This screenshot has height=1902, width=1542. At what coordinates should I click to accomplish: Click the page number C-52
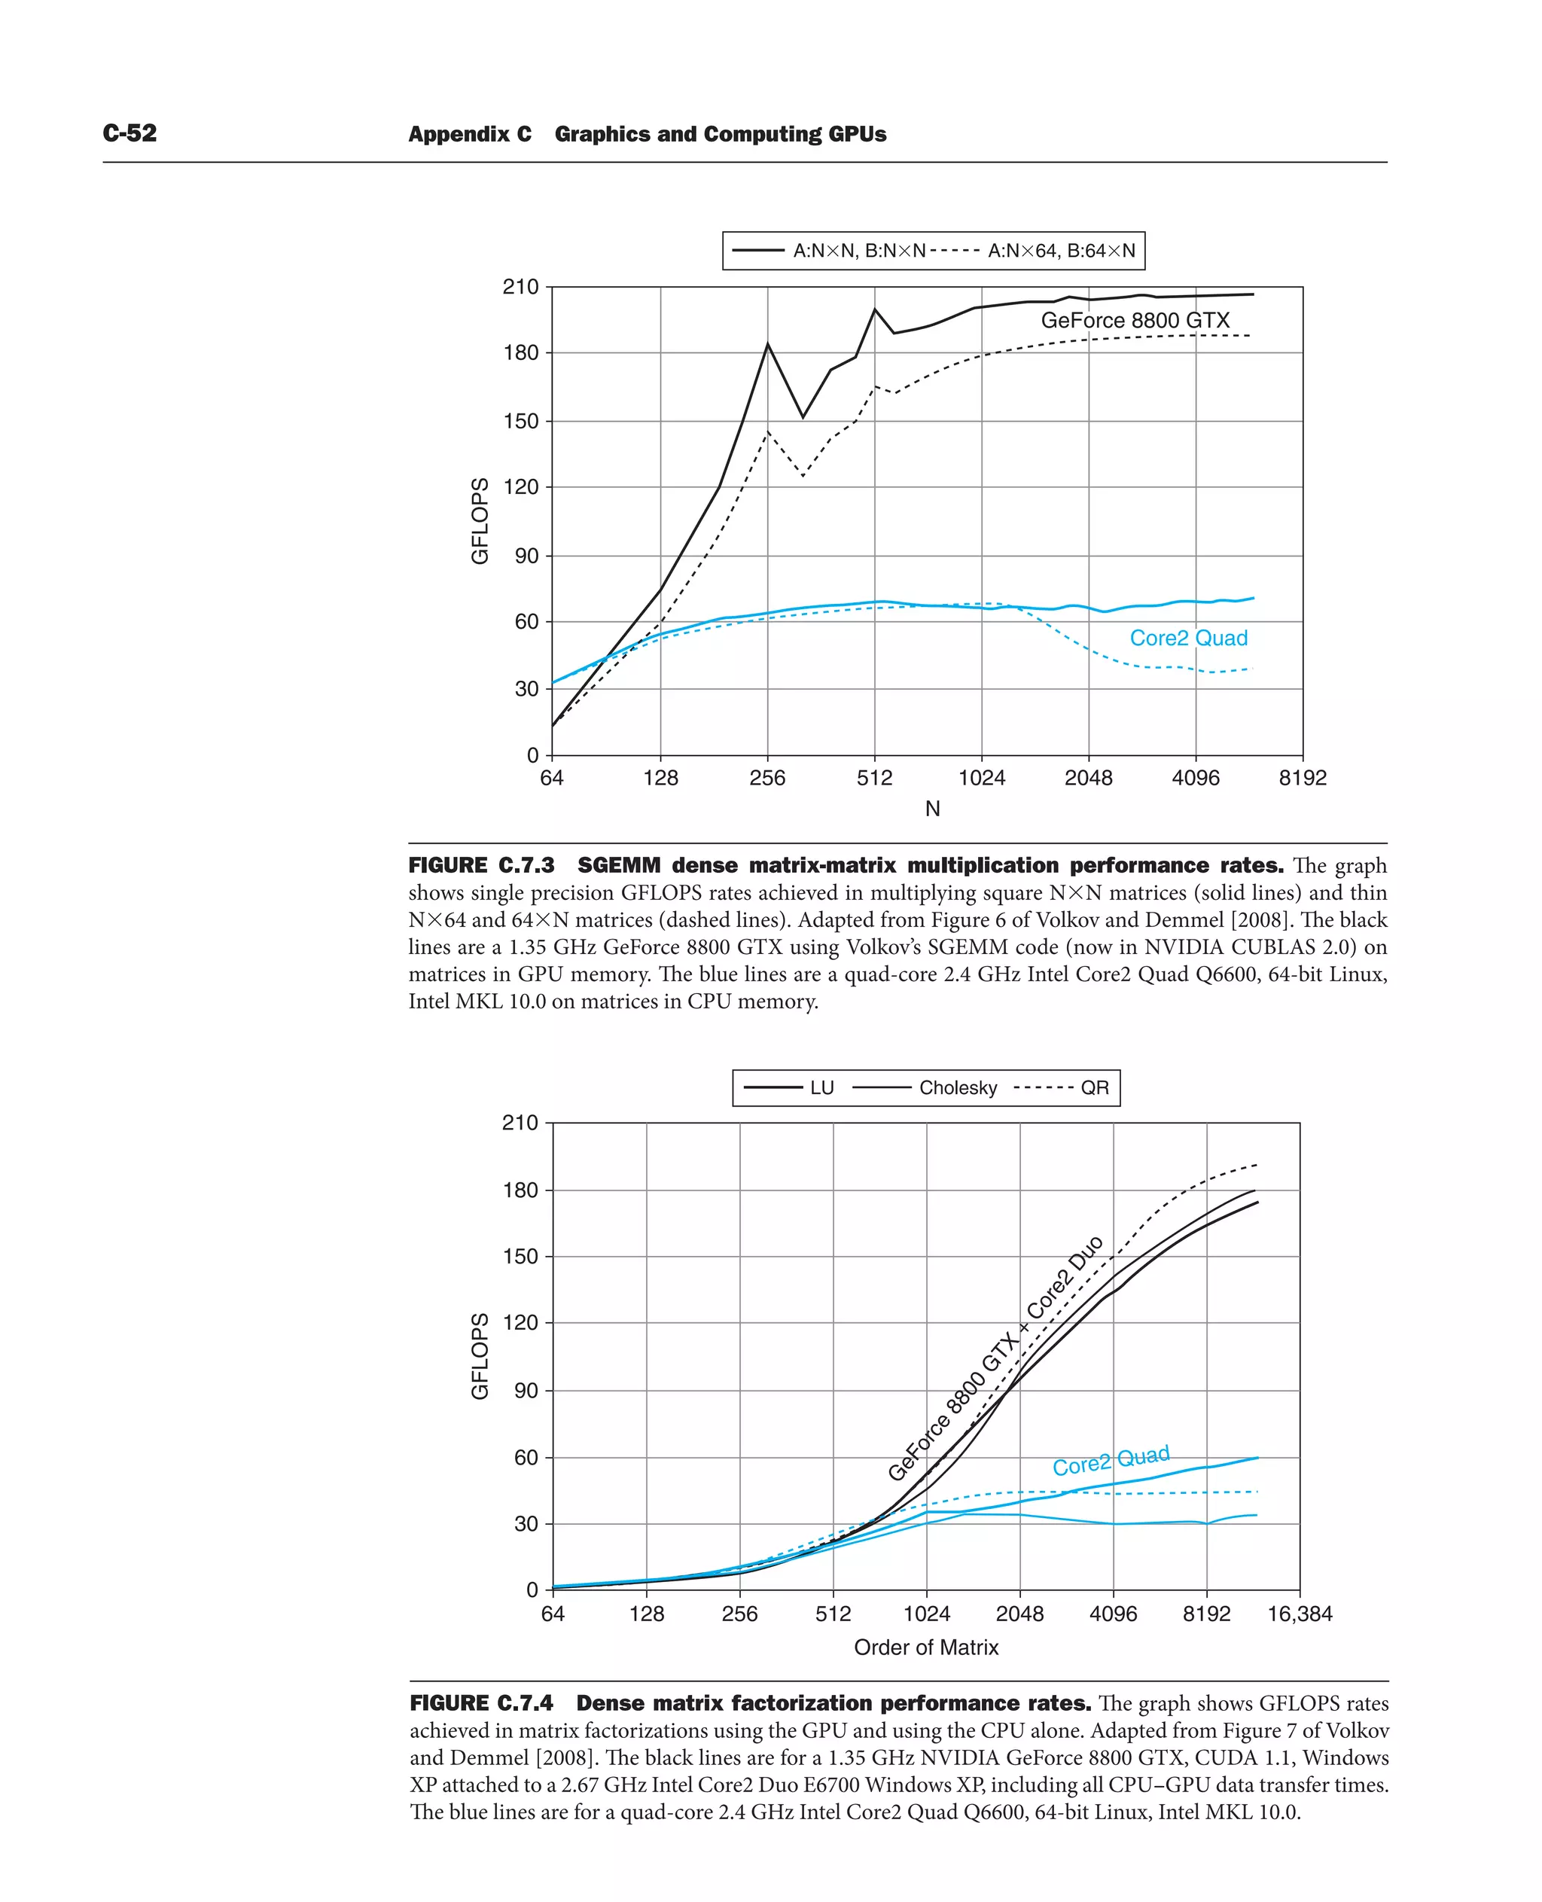pos(130,133)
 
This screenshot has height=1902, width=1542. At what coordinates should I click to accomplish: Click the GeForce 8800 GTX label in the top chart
pos(1135,321)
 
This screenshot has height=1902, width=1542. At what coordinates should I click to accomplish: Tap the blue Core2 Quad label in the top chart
pos(1187,638)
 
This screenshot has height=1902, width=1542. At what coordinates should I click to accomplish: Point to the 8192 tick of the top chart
pos(1302,779)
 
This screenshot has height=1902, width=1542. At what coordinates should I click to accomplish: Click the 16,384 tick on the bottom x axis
pos(1300,1614)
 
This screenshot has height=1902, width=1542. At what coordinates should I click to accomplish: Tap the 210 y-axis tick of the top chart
pos(520,287)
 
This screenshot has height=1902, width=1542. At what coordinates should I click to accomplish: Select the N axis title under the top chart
pos(932,809)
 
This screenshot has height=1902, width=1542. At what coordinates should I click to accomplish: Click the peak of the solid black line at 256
pos(767,345)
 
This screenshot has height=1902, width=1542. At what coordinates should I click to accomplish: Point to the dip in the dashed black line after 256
pos(803,476)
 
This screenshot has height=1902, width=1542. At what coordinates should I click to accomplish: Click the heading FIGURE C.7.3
pos(481,865)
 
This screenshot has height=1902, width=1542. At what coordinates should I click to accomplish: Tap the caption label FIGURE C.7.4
pos(481,1703)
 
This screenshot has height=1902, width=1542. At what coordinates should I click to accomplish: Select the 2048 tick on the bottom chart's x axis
pos(1019,1614)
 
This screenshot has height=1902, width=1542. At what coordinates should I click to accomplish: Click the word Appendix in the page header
pos(470,134)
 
